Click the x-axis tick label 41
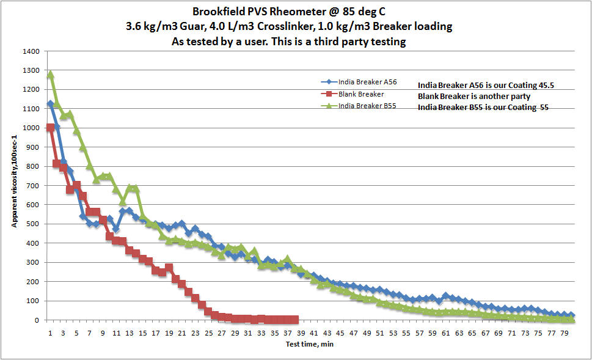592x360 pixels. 313,332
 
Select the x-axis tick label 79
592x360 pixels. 565,332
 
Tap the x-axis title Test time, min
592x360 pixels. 309,344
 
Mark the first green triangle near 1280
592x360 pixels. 50,75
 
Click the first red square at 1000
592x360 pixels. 50,128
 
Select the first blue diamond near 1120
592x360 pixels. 50,105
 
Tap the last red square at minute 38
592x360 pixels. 295,320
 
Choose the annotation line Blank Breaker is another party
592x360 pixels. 478,97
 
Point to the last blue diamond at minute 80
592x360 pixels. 572,316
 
